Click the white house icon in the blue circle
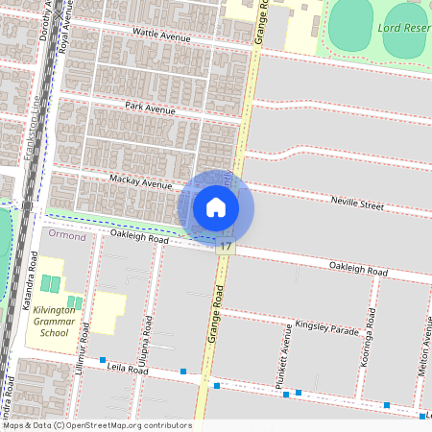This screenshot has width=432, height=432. (216, 206)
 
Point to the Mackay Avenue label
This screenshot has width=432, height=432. (140, 182)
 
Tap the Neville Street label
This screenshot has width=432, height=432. (357, 204)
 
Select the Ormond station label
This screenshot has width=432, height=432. (67, 236)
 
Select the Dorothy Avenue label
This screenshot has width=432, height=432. (44, 23)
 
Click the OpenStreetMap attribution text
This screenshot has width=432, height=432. (96, 425)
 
